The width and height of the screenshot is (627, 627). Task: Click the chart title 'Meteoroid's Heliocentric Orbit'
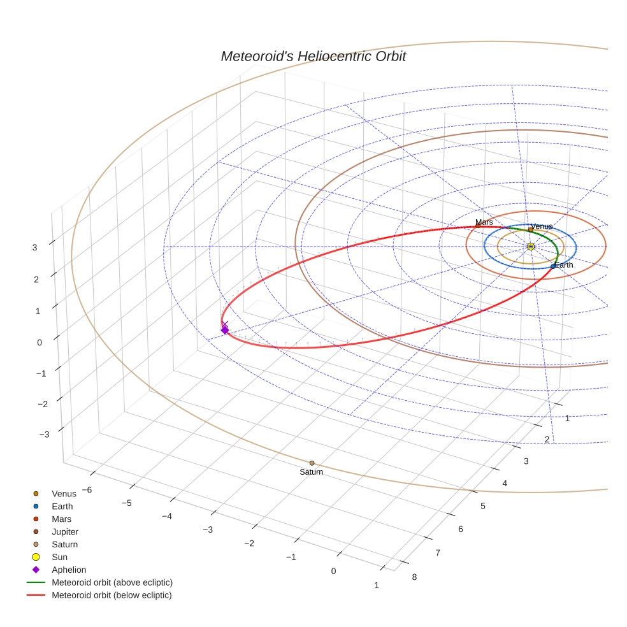tap(313, 56)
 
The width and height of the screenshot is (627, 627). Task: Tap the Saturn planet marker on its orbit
tap(312, 463)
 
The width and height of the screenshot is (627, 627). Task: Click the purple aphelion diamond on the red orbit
tap(224, 329)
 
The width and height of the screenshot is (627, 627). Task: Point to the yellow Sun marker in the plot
tap(531, 247)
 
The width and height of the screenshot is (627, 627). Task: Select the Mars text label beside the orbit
tap(484, 222)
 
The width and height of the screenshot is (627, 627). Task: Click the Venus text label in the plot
tap(542, 226)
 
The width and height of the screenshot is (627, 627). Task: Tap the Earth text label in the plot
tap(563, 265)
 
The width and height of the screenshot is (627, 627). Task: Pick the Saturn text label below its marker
tap(312, 472)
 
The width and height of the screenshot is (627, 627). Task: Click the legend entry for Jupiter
tap(65, 531)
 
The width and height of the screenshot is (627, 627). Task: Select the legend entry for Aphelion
tap(69, 570)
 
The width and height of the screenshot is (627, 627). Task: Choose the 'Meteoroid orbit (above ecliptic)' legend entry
tap(112, 582)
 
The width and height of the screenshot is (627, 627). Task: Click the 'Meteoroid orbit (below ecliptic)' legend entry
tap(112, 595)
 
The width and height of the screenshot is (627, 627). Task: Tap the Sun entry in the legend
tap(59, 557)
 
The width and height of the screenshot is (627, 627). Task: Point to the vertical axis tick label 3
tap(35, 247)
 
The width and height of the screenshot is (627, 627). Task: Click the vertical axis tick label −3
tap(44, 435)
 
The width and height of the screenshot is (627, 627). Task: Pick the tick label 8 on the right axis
tap(415, 577)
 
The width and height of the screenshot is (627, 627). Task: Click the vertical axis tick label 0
tap(40, 342)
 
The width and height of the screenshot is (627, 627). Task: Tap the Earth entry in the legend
tap(62, 507)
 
